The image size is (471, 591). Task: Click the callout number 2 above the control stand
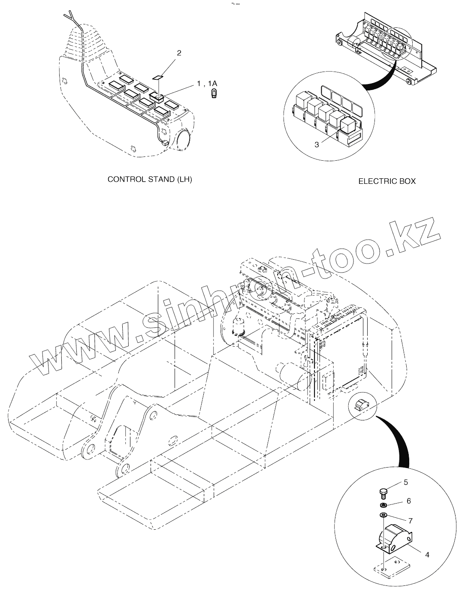(179, 53)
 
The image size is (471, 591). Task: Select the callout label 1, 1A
(207, 84)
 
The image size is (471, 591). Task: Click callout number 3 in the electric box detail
(317, 145)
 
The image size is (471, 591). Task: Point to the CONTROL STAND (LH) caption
(150, 179)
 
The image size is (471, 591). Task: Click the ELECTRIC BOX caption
(387, 181)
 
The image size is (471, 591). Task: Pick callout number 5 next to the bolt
(405, 482)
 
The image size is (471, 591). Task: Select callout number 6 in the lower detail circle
(408, 501)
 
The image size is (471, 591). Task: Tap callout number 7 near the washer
(411, 521)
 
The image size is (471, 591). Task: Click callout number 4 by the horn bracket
(427, 554)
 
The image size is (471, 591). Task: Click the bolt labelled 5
(383, 493)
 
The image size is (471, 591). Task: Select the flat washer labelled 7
(383, 515)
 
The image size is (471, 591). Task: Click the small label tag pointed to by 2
(158, 78)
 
